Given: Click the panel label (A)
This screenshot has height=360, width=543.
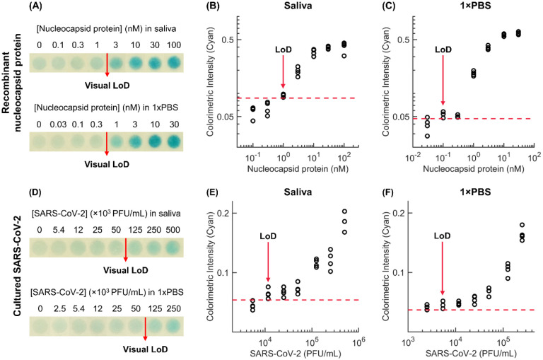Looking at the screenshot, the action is point(35,6).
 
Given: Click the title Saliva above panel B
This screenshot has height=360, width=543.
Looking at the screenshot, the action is point(298,6).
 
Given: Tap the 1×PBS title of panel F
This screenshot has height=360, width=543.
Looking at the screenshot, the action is point(475,192).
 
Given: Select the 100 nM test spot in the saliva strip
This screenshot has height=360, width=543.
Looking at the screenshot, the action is point(173,63).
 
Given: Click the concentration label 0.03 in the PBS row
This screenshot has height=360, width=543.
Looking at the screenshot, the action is point(58,124).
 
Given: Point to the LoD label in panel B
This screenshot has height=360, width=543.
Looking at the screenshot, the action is point(284,50).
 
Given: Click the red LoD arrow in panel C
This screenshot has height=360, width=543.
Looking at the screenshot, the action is point(443,80).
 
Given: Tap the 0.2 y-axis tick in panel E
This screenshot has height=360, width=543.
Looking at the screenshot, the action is point(223,213).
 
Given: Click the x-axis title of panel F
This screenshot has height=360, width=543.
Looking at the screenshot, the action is point(471,354).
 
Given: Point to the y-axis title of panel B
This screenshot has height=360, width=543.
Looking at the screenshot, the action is point(210,81).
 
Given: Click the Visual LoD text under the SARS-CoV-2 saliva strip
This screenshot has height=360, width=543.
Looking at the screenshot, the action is point(125,270).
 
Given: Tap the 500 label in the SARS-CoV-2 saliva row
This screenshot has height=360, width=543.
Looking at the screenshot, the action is point(173,230).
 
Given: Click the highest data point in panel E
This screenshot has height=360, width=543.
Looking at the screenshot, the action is point(344,211).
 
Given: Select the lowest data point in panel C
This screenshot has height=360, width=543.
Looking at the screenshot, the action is point(427,137).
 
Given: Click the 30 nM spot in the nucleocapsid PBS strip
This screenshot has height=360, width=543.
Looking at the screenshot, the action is point(174,141).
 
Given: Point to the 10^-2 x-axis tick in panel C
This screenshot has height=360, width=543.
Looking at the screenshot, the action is point(413,158).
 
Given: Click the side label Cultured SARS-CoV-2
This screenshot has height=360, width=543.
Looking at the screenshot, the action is point(18,266).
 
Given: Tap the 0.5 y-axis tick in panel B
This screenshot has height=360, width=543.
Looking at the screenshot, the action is point(228,40).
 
